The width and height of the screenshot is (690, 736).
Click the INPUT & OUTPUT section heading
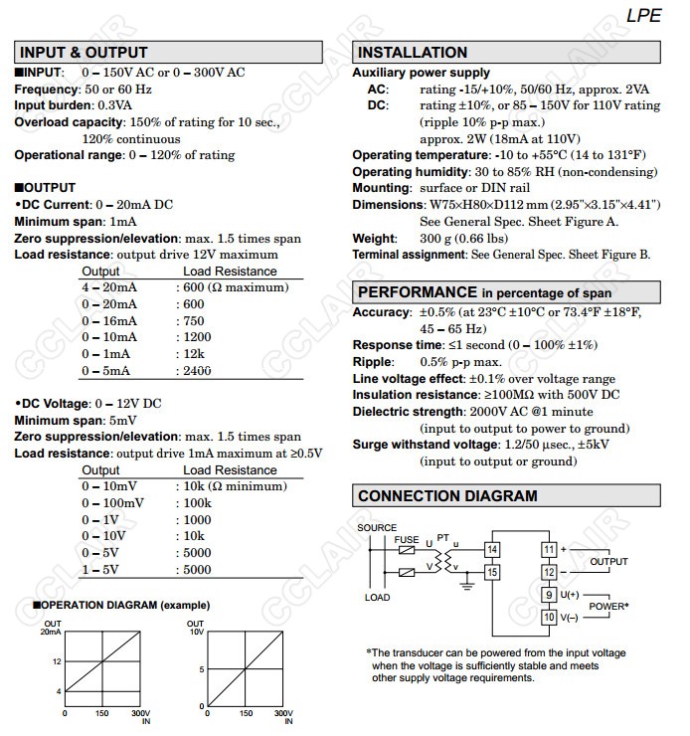84,53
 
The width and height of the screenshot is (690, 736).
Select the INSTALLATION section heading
412,53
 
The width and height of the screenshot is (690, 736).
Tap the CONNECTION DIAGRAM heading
447,496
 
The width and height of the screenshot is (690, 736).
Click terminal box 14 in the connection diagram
492,550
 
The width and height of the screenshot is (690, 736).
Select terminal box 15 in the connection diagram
492,571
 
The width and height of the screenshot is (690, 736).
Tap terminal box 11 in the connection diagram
548,549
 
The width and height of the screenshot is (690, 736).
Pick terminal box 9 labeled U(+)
548,595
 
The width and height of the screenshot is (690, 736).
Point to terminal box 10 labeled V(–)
548,617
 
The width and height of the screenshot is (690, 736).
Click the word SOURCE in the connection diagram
378,528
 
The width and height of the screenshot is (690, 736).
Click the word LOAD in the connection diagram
378,598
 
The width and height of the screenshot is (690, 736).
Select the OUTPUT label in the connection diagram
609,562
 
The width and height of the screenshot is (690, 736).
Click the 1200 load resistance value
194,337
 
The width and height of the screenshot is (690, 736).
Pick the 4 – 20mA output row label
109,287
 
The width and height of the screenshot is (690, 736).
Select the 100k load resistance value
196,503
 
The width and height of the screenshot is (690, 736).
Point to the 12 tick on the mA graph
56,660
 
